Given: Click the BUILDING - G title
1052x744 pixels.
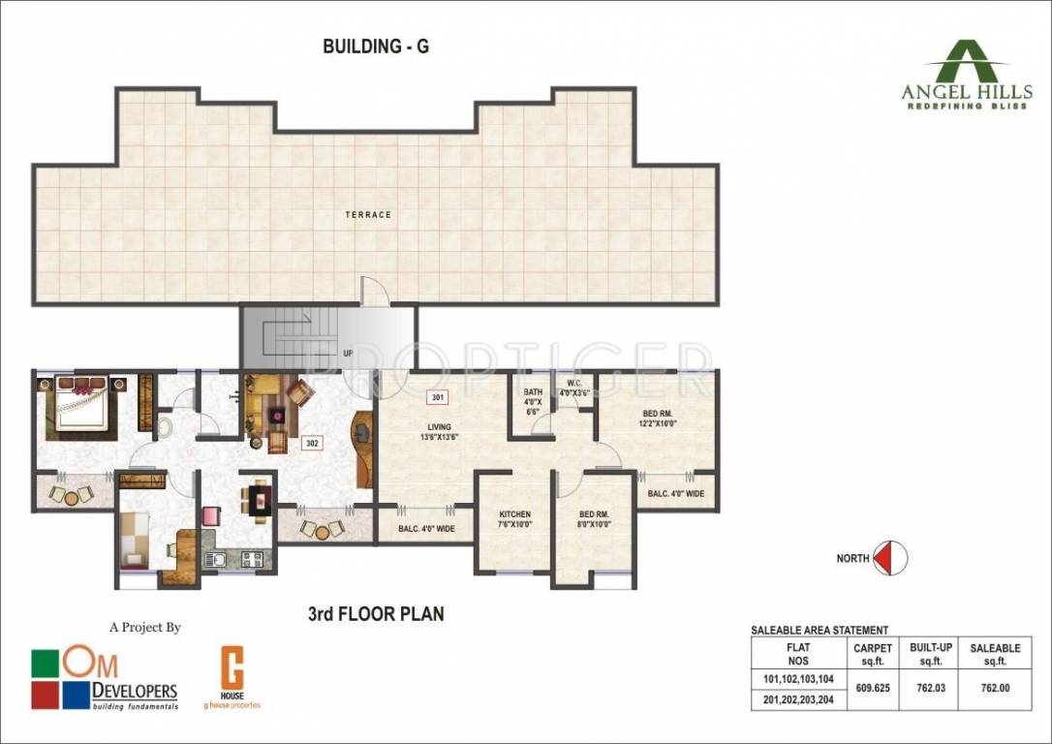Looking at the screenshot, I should click(x=376, y=46).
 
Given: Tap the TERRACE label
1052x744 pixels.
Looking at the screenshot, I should click(x=369, y=214).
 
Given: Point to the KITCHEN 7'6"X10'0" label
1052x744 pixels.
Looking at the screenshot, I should click(x=514, y=519).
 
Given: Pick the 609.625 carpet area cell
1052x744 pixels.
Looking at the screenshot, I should click(x=872, y=689).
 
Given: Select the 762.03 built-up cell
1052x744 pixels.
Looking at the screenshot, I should click(x=927, y=689).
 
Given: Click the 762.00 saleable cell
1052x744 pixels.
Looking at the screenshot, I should click(x=996, y=689).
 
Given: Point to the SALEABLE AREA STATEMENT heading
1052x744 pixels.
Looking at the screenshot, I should click(x=820, y=631).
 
